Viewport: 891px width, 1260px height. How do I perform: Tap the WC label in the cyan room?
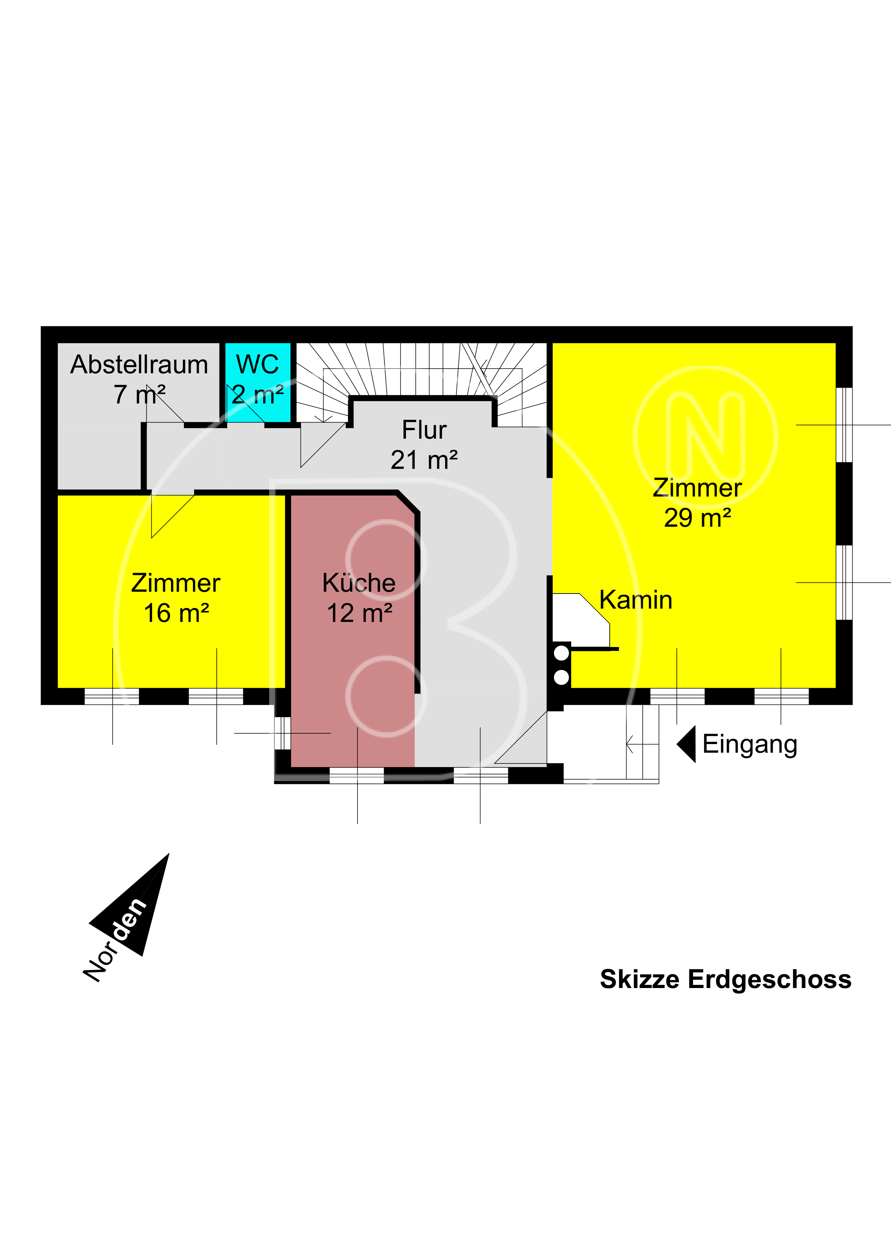tap(257, 364)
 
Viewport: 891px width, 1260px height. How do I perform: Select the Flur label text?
tap(424, 430)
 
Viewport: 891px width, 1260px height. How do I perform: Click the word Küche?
tap(359, 582)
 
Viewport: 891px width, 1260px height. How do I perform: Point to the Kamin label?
tap(635, 600)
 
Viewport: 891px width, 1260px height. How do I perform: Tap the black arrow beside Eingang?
tap(686, 744)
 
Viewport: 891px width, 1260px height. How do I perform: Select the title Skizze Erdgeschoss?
tap(725, 979)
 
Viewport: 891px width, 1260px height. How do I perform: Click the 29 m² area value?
tap(697, 518)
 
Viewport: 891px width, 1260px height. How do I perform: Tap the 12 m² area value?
tap(359, 613)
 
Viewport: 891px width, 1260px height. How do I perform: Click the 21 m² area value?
tap(424, 460)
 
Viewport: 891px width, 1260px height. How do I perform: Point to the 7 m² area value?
tap(139, 394)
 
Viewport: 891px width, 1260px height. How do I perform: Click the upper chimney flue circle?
tap(561, 654)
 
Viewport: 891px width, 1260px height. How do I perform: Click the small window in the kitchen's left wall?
tap(282, 733)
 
